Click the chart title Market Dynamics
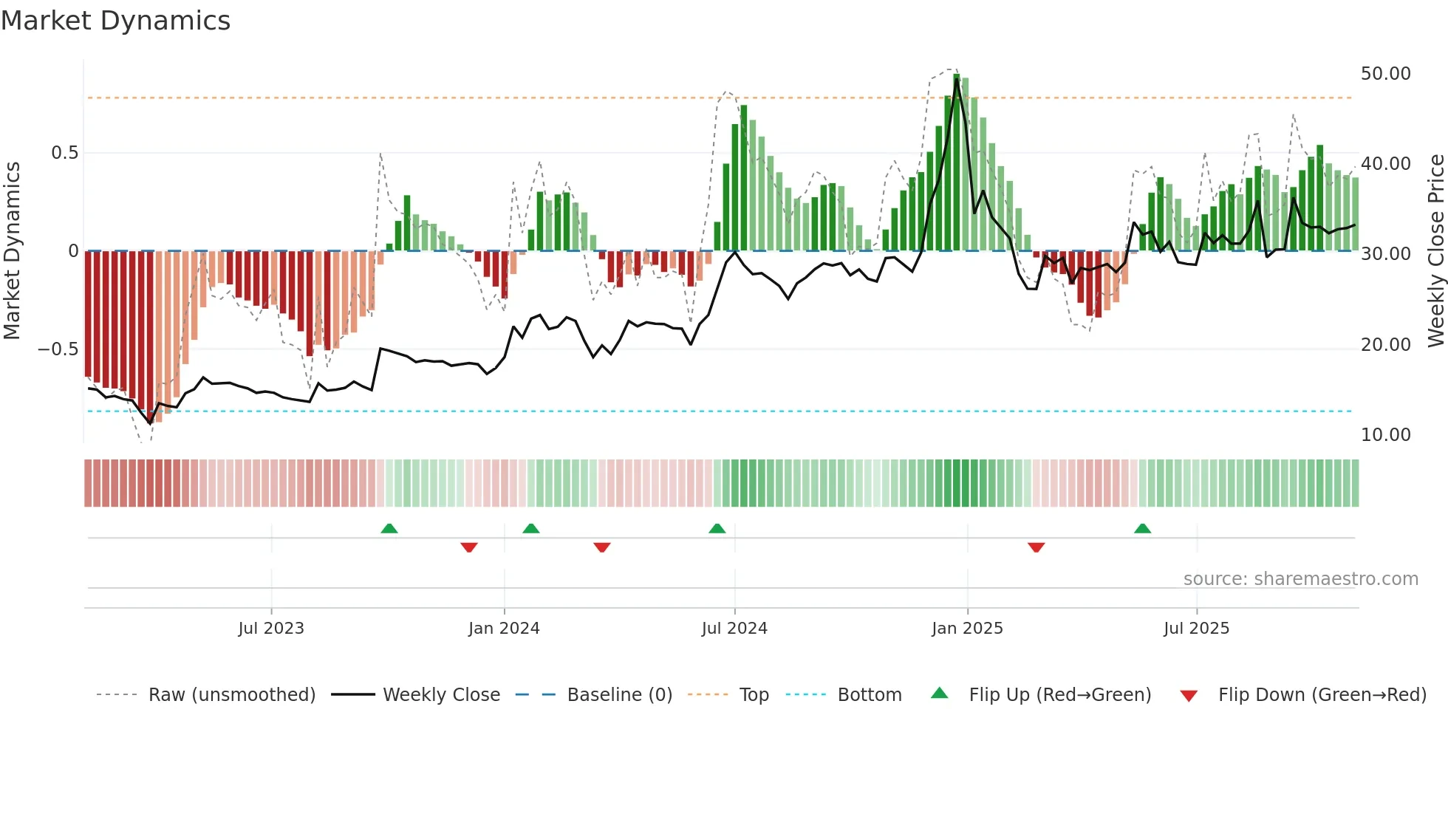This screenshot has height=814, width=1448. coord(115,21)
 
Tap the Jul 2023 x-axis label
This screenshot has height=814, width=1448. coord(271,629)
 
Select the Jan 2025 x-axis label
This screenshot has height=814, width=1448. coord(967,629)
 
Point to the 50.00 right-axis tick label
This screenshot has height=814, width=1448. coord(1385,74)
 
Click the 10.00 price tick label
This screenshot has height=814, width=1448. coord(1385,435)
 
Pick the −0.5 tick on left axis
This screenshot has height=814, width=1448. coord(58,349)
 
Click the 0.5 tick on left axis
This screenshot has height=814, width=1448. coord(64,153)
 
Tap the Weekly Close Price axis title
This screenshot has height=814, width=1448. coord(1435,250)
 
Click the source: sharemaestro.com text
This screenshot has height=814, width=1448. coord(1300,579)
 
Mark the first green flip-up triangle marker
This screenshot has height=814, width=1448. coord(389,528)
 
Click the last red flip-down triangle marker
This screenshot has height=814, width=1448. coord(1036,547)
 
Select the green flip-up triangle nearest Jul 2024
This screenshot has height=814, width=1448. coord(717,528)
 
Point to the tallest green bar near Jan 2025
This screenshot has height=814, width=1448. coord(957,163)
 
